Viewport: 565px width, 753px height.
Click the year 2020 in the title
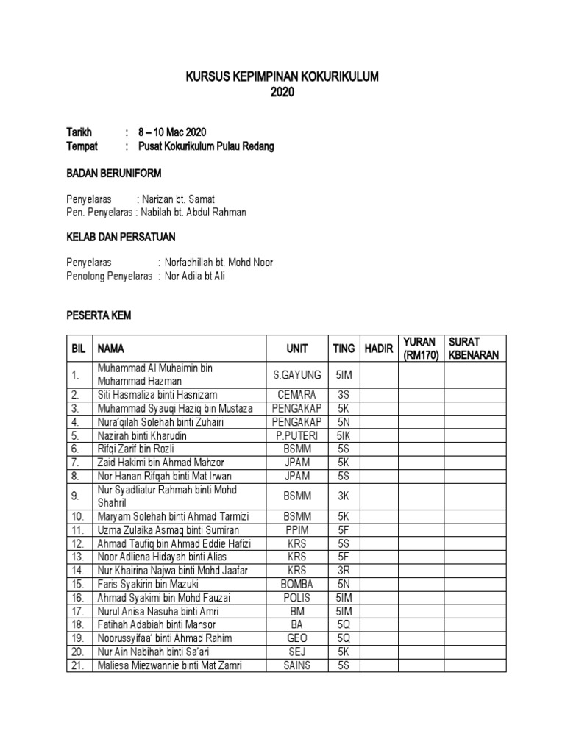pyautogui.click(x=282, y=93)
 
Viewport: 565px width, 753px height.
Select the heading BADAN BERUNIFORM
pyautogui.click(x=114, y=174)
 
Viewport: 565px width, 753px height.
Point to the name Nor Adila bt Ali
pyautogui.click(x=194, y=276)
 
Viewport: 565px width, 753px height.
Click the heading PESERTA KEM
pyautogui.click(x=99, y=315)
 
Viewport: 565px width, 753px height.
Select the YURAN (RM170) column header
pyautogui.click(x=419, y=349)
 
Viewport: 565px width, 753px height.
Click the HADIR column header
pyautogui.click(x=380, y=349)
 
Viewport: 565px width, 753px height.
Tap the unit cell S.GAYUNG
pyautogui.click(x=297, y=374)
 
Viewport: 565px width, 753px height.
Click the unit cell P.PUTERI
pyautogui.click(x=297, y=435)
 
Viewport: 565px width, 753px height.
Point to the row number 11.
pyautogui.click(x=77, y=529)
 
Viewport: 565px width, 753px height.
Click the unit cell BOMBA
pyautogui.click(x=297, y=584)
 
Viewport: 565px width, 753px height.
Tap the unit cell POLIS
pyautogui.click(x=297, y=597)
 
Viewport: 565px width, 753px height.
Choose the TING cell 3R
pyautogui.click(x=344, y=570)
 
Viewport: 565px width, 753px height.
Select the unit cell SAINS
pyautogui.click(x=297, y=665)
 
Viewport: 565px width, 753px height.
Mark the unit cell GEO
pyautogui.click(x=297, y=638)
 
